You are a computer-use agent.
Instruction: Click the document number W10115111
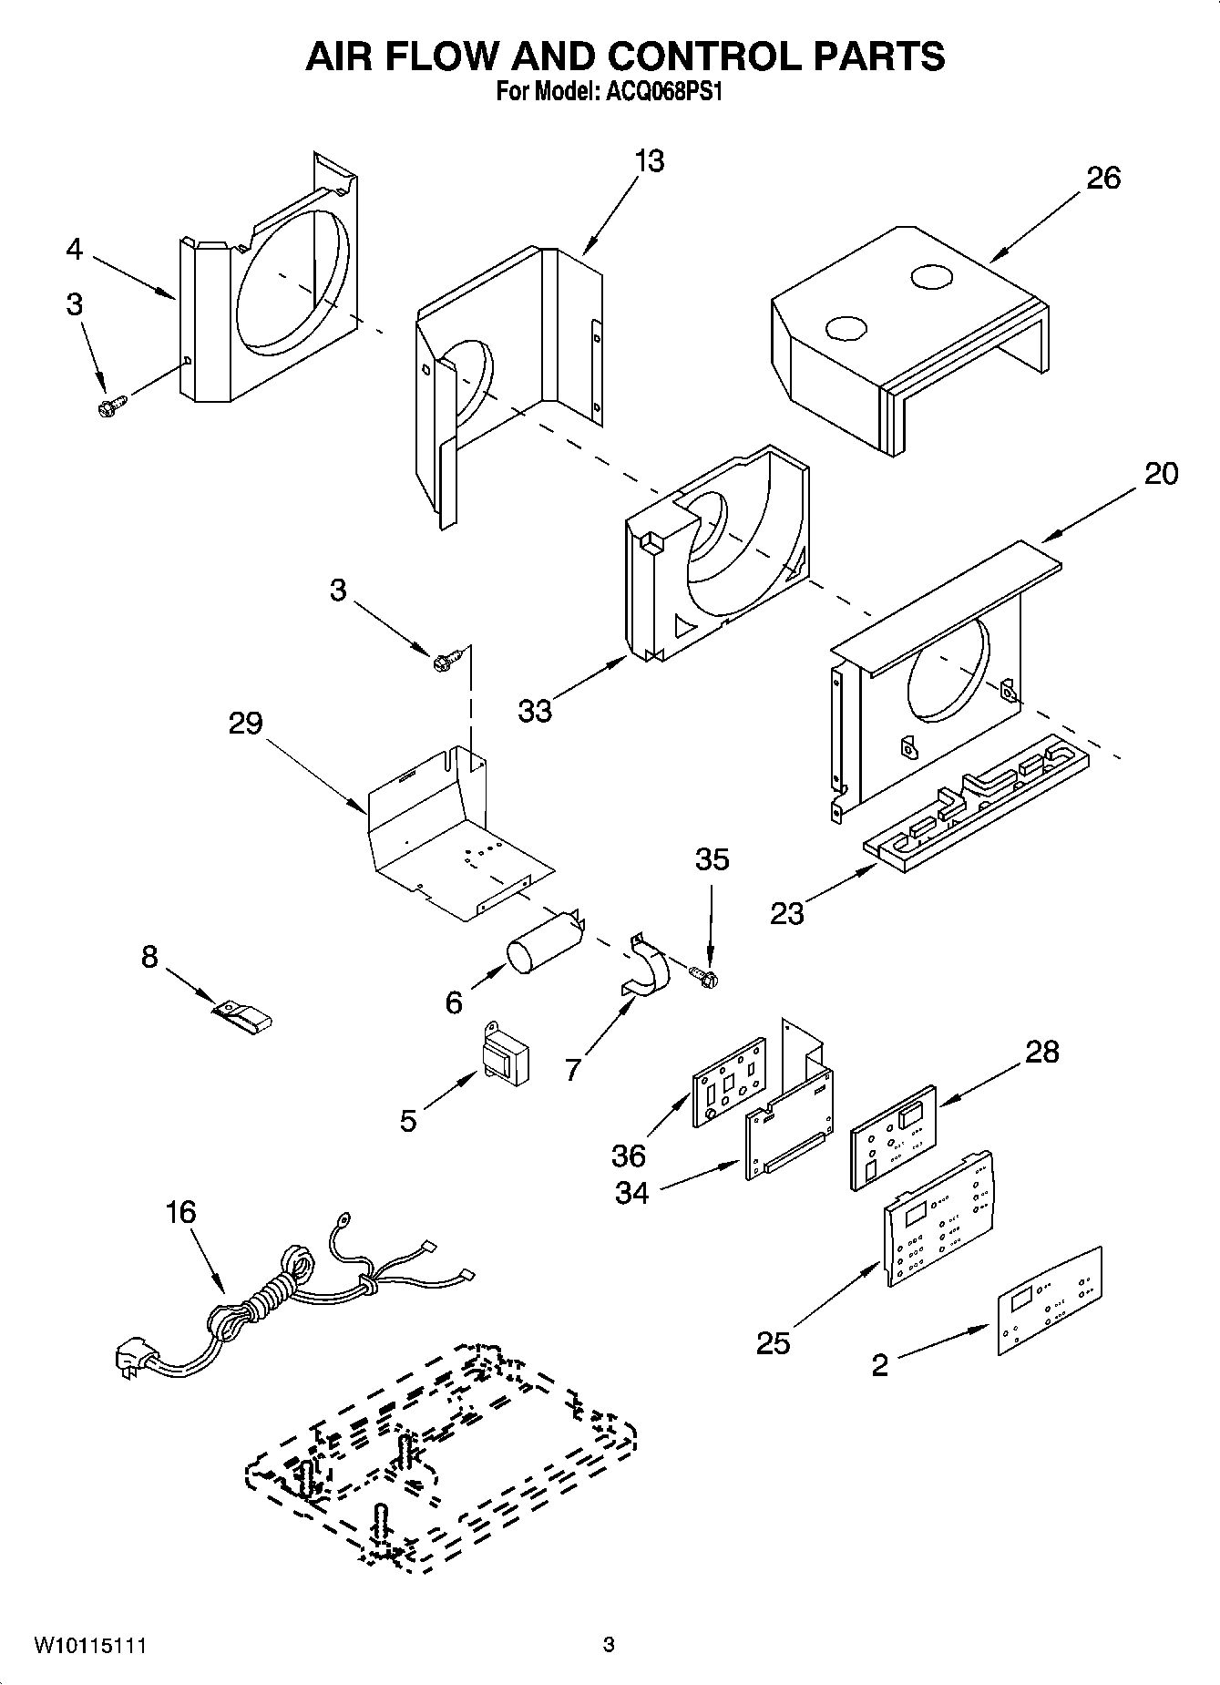point(90,1645)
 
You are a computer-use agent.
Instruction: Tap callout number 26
point(1102,178)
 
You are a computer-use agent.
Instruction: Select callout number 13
point(649,161)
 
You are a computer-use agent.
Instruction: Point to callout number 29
point(246,724)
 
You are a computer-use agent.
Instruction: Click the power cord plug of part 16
point(135,1361)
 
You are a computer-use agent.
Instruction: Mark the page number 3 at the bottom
point(609,1645)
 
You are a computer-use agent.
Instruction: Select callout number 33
point(535,711)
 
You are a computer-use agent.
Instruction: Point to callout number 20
point(1160,473)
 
